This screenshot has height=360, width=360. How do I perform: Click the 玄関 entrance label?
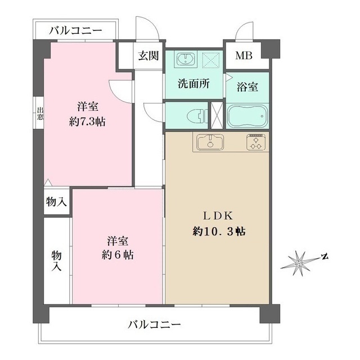(x=149, y=56)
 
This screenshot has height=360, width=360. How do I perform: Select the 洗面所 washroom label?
(x=193, y=84)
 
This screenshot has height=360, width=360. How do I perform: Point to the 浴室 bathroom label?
(x=247, y=87)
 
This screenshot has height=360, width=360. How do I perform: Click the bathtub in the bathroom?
(x=247, y=115)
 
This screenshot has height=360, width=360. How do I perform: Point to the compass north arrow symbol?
(x=302, y=262)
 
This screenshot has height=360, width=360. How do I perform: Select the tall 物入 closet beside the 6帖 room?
(x=56, y=260)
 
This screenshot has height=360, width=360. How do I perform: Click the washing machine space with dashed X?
(x=212, y=58)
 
